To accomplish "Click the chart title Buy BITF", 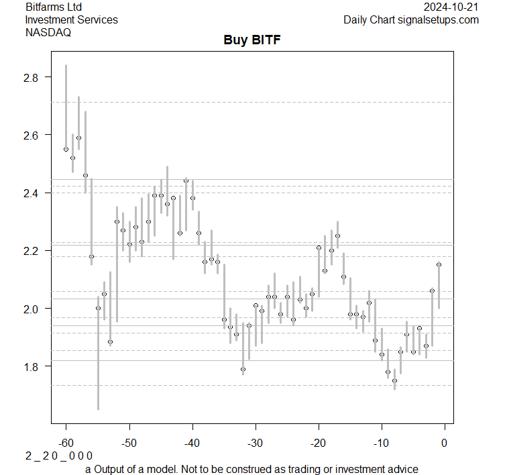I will [x=251, y=40].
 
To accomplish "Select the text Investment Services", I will [x=71, y=19].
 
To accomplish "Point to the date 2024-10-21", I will [x=451, y=7].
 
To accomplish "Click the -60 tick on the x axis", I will [x=66, y=442].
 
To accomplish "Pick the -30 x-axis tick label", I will [x=255, y=442].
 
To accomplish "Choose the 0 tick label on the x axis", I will [x=444, y=442].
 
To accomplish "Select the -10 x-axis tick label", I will [x=381, y=442].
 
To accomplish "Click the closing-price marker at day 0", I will [x=439, y=265].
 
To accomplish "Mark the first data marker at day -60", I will [x=66, y=150].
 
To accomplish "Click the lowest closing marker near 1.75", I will [x=394, y=380].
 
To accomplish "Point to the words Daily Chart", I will [x=368, y=19].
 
